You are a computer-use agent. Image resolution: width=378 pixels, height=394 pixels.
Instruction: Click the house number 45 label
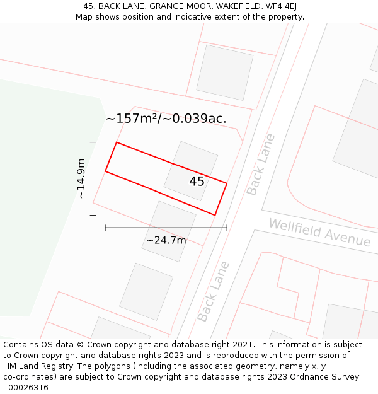tap(197, 182)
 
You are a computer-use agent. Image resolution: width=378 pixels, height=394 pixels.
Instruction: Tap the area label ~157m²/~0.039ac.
tap(166, 119)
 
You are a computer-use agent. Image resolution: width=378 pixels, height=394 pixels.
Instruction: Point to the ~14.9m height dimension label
tap(81, 178)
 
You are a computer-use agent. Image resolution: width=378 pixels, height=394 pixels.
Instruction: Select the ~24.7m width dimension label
tap(166, 240)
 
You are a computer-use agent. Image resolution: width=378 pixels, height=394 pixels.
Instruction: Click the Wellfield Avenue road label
tap(319, 233)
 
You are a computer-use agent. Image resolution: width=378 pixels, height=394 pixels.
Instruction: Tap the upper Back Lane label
tap(261, 164)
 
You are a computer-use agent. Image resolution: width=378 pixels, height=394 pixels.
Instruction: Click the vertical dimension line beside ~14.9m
tap(93, 178)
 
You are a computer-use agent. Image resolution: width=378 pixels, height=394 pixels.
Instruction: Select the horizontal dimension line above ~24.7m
tap(166, 227)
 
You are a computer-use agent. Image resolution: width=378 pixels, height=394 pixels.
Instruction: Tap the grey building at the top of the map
tap(224, 72)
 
